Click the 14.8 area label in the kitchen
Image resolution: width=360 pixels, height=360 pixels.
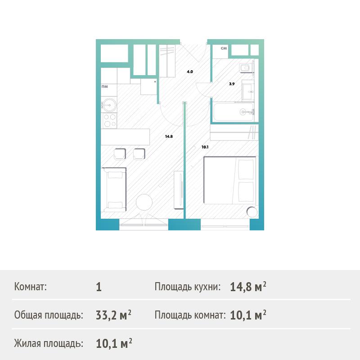[169, 137]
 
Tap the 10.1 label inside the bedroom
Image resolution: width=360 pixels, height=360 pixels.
[205, 147]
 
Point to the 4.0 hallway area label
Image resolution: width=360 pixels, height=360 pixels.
[190, 72]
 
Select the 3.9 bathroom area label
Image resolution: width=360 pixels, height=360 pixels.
[232, 84]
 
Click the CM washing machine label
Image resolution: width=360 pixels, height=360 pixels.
[224, 48]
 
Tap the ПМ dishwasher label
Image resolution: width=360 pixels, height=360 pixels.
[105, 86]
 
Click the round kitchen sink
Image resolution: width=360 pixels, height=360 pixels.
[109, 105]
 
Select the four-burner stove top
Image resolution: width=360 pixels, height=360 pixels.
[110, 121]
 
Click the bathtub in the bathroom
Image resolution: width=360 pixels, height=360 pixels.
[234, 112]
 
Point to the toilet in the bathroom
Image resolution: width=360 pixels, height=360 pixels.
[246, 68]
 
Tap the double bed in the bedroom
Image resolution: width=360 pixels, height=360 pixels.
[230, 180]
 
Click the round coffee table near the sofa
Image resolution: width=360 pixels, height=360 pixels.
[144, 202]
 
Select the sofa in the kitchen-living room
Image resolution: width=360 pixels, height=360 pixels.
[114, 190]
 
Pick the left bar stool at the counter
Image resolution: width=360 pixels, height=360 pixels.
[120, 154]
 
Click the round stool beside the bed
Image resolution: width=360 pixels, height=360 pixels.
[252, 212]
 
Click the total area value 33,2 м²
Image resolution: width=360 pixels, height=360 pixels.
[114, 315]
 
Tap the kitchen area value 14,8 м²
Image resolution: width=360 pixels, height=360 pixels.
[248, 287]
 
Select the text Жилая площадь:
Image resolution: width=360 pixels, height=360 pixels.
[49, 343]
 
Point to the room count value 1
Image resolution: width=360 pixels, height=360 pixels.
[99, 287]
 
